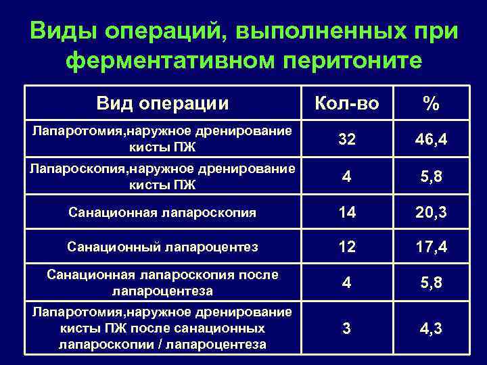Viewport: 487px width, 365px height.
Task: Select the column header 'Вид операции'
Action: [162, 103]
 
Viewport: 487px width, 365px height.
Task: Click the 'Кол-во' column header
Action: [348, 103]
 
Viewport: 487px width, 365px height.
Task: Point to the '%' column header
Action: [432, 103]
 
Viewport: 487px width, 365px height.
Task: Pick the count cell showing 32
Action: [347, 140]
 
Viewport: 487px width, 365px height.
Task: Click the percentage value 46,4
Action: [432, 140]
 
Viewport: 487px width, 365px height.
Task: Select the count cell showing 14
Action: [347, 213]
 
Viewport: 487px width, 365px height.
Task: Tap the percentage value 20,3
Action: [432, 213]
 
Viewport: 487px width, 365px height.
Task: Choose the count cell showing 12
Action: [347, 247]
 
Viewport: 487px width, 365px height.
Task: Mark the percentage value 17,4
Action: [432, 247]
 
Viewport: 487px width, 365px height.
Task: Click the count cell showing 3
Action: [347, 329]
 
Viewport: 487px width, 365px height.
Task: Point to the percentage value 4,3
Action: [432, 329]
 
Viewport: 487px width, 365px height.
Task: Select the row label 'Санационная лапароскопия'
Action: [162, 214]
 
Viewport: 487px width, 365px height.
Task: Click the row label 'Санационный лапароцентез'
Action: [162, 247]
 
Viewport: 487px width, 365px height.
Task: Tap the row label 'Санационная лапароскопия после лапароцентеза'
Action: [162, 283]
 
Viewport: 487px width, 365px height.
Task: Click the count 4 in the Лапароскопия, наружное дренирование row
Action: [347, 176]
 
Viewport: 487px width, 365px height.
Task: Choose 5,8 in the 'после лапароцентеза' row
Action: [432, 283]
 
